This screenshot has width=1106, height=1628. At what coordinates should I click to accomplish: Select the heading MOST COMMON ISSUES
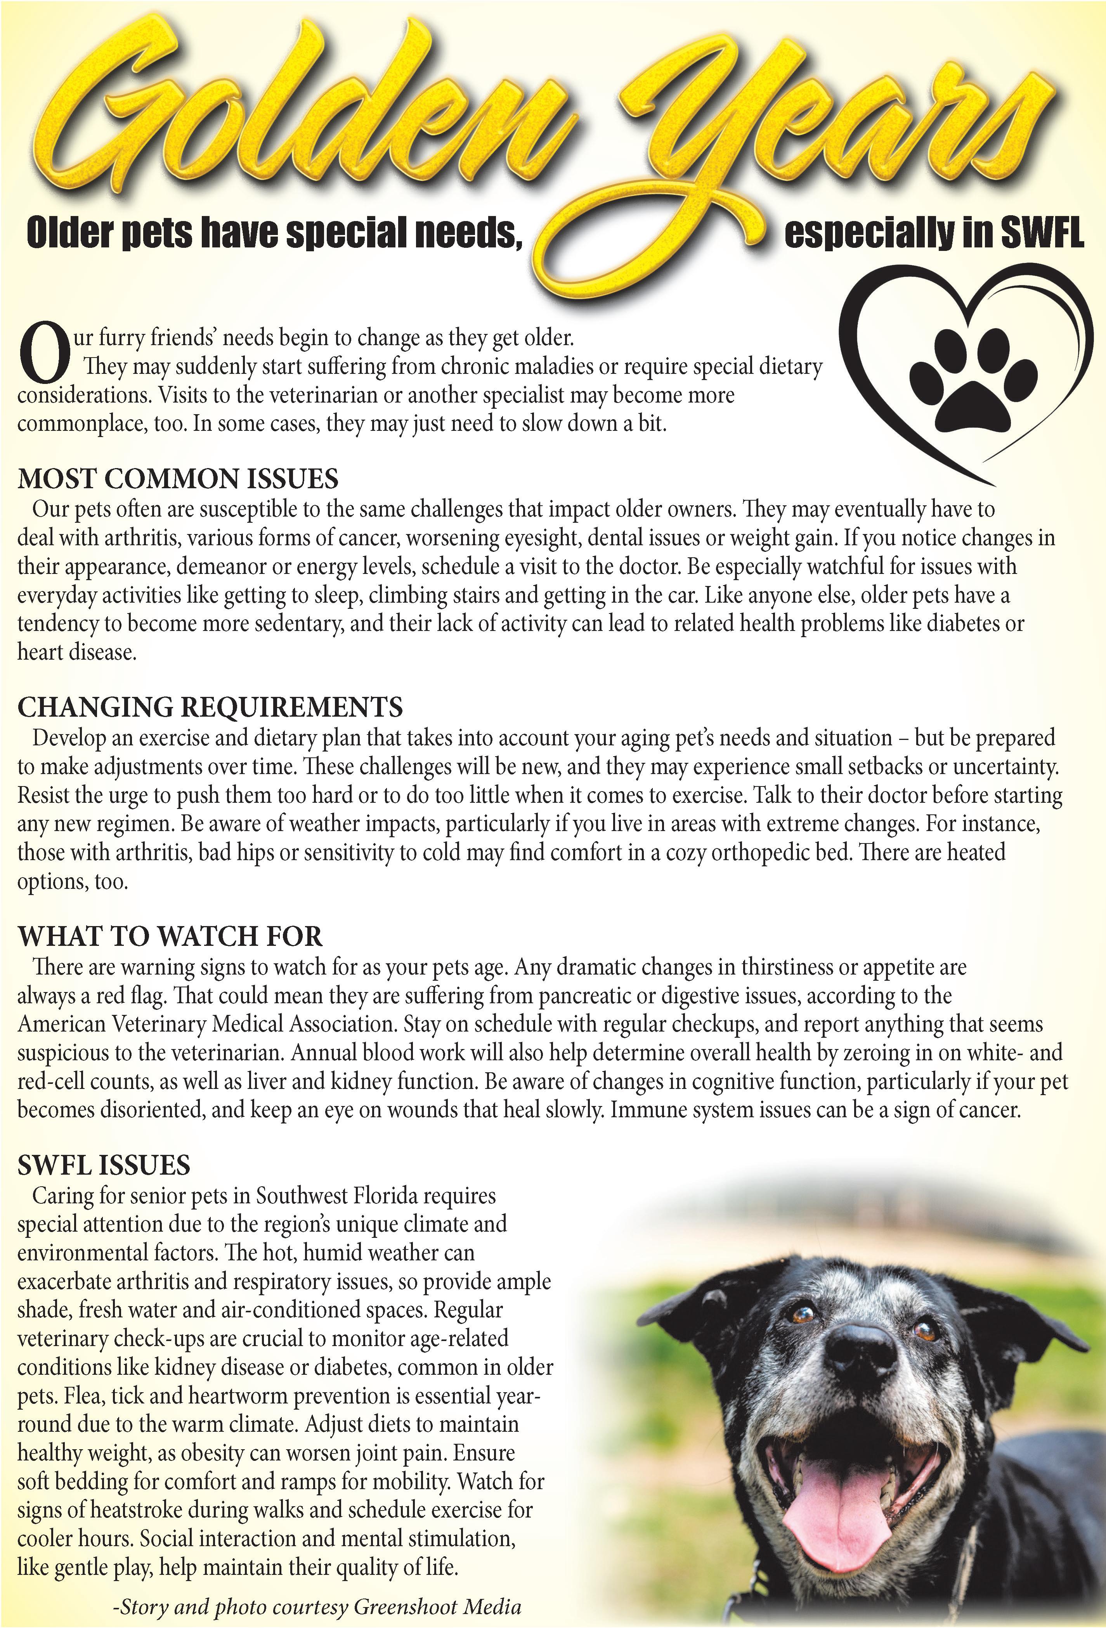click(x=178, y=479)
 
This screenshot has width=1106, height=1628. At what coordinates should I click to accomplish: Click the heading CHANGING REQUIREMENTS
click(x=210, y=707)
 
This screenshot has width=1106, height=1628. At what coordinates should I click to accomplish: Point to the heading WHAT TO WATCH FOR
click(x=170, y=937)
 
